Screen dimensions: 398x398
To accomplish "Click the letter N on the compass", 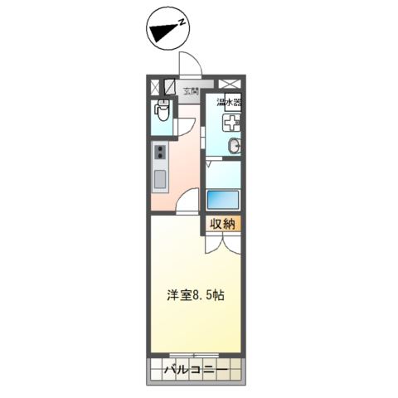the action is click(x=182, y=22).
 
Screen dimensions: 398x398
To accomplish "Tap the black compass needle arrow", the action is click(x=163, y=32).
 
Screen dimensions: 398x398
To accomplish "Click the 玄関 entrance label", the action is click(x=192, y=91).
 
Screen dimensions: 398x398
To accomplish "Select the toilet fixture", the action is click(x=163, y=110).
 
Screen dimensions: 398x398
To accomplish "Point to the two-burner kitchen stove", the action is click(x=160, y=153).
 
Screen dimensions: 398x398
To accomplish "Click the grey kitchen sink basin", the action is click(x=160, y=179).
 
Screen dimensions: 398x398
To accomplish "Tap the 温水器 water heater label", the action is click(x=229, y=102).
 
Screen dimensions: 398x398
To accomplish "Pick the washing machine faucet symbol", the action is click(x=231, y=123).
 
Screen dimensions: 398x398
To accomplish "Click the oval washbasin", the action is click(x=235, y=145).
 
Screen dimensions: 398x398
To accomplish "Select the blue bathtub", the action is click(x=223, y=200).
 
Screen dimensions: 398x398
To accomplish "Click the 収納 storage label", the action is click(x=223, y=224).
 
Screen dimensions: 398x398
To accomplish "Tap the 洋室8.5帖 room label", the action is click(x=196, y=295).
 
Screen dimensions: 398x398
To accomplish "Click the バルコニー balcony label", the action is click(x=196, y=369).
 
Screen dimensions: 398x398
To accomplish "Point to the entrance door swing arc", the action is click(x=191, y=63).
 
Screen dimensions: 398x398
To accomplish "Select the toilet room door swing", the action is click(x=186, y=127).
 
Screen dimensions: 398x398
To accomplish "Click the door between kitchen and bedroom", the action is click(x=187, y=200).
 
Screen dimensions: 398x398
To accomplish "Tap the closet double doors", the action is click(x=223, y=243).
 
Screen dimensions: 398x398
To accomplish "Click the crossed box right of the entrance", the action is click(x=231, y=84).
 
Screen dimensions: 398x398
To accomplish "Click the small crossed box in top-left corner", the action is click(x=155, y=87).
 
